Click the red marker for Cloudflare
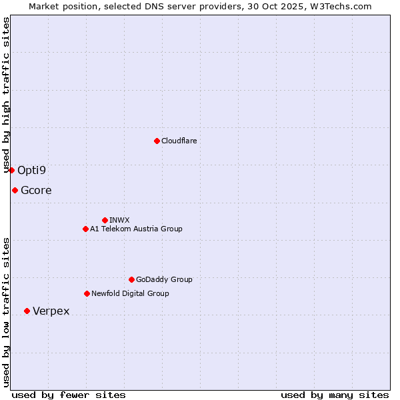click(157, 141)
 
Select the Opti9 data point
click(11, 170)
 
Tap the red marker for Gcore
click(15, 190)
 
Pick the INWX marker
click(105, 220)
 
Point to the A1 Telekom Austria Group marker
click(85, 229)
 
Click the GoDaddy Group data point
click(131, 279)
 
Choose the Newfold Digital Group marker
click(87, 293)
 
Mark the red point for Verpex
click(27, 311)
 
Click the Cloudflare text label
click(179, 141)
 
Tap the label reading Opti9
click(31, 170)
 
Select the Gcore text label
click(36, 190)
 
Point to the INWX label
click(119, 220)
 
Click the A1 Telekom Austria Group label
click(136, 229)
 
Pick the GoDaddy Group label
click(164, 279)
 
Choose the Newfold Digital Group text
click(130, 293)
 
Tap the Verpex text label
click(51, 311)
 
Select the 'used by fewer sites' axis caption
click(69, 395)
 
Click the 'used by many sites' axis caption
click(335, 395)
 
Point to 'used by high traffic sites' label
click(7, 95)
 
